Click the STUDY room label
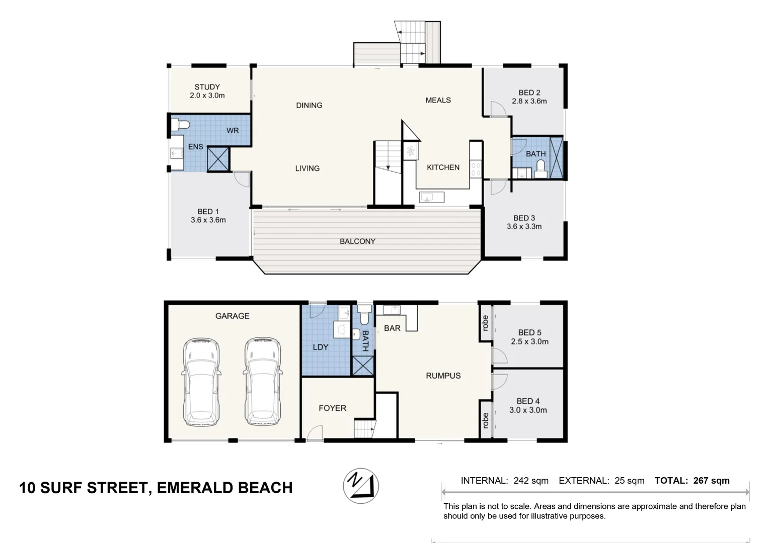point(207,87)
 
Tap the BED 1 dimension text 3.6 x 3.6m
point(208,220)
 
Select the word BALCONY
point(357,241)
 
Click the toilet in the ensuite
point(180,124)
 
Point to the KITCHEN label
point(443,167)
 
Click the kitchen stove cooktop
point(476,169)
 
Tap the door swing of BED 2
point(498,109)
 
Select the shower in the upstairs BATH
point(556,157)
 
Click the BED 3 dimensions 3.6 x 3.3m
point(524,226)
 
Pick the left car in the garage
point(201,382)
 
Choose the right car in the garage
point(263,382)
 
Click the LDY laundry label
point(320,347)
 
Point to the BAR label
point(392,328)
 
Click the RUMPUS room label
point(443,376)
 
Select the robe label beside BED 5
point(485,323)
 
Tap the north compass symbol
point(361,486)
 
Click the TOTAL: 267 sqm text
point(692,481)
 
